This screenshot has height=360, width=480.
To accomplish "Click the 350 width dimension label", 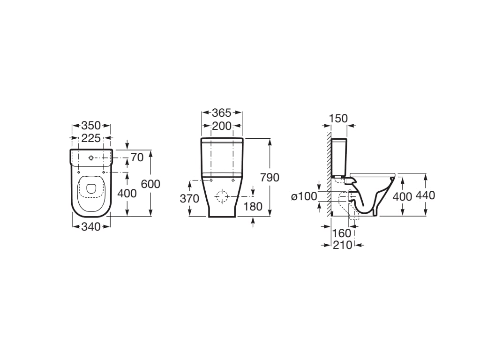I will coord(91,126).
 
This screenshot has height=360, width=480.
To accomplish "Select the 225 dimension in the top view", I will coord(91,138).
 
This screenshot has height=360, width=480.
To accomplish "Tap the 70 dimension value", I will coord(137,157).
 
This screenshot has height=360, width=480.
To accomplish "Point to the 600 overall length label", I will coord(150,184).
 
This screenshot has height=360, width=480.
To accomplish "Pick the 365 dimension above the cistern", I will coord(222,112).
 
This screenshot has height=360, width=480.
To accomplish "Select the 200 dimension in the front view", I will coord(222,126).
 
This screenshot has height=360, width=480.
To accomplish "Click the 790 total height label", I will coord(270,178).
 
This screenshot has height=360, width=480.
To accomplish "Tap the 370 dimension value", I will coord(189,199).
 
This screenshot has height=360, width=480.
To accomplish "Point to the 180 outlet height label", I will coord(253,206).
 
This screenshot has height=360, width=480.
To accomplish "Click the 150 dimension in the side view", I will coord(338,119).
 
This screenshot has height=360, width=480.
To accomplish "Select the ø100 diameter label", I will coord(304,196).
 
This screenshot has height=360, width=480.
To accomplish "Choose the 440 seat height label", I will coord(425,195).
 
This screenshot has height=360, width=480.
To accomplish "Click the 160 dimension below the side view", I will coord(341,233).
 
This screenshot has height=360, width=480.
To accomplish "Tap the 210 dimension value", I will coord(342,245).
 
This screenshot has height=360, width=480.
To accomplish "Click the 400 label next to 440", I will coord(402,196).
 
